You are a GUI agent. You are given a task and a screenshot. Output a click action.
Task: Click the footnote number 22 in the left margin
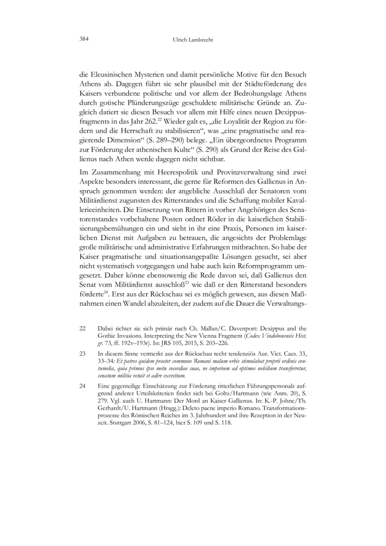pos(83,327)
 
